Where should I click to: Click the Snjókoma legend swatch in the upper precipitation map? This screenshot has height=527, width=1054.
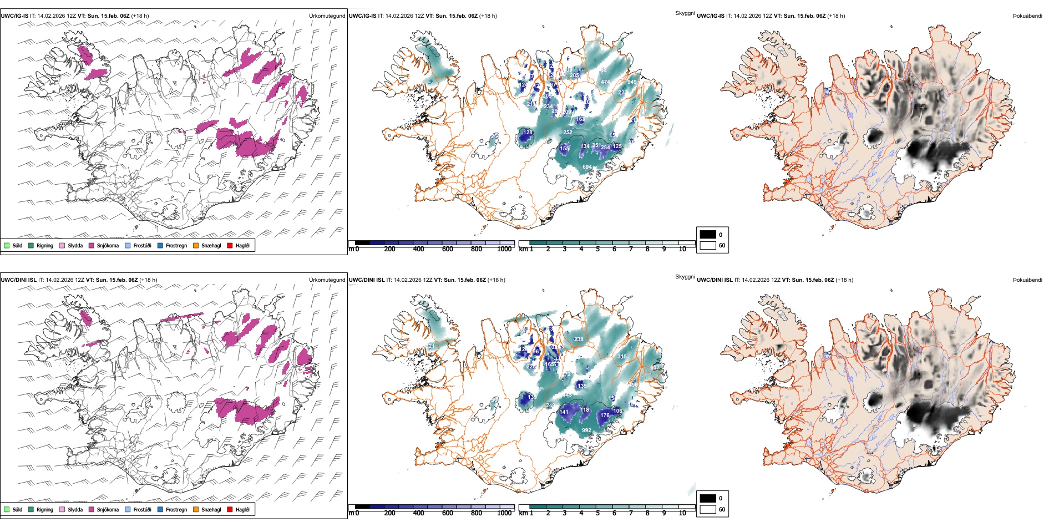pos(92,245)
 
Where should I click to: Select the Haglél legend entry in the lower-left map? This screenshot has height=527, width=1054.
pos(242,509)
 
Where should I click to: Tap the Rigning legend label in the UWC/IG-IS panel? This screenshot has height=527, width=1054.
pos(45,245)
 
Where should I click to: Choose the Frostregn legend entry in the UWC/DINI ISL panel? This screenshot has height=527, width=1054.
pos(176,509)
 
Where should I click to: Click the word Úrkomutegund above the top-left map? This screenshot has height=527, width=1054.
pos(327,16)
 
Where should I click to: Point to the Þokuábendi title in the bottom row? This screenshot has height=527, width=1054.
pos(1027,280)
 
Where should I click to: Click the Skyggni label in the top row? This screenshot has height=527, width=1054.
pos(685,13)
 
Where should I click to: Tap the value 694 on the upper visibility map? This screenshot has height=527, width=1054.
pos(587,166)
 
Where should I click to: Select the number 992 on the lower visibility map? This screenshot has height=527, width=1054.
pos(586,430)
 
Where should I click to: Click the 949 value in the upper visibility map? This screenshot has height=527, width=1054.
pos(632,82)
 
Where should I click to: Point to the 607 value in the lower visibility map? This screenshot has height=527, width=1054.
pos(655,367)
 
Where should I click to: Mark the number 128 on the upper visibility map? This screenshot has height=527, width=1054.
pos(528,132)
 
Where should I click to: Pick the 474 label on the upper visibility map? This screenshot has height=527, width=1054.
pos(605,82)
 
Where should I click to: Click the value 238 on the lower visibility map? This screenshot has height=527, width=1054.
pos(579,339)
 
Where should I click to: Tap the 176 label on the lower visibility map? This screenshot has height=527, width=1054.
pos(605,415)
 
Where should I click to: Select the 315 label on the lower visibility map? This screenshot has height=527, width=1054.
pos(622,357)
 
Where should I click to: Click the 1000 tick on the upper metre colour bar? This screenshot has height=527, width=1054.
pos(504,249)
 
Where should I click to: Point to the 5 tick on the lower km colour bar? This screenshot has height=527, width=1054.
pos(597,513)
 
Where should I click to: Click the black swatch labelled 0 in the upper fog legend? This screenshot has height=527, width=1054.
pos(708,234)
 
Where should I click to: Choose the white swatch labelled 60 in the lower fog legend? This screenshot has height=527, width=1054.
pos(708,509)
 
